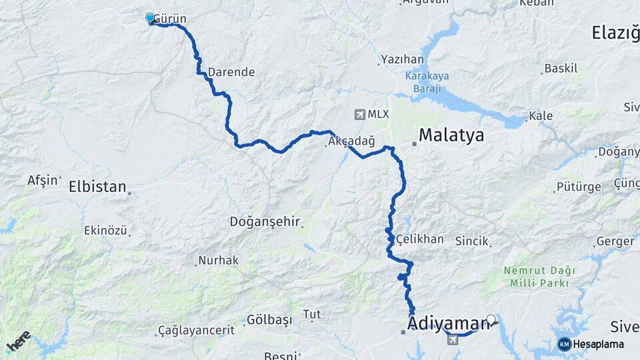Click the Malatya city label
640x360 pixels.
[x=451, y=137]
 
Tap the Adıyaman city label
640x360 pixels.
[x=448, y=324]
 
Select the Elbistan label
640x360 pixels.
[x=97, y=187]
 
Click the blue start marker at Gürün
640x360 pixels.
[x=150, y=18]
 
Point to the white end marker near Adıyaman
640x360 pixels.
[x=491, y=319]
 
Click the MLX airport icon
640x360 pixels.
[x=361, y=115]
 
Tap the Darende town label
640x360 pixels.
[x=231, y=72]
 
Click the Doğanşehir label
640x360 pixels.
[x=265, y=221]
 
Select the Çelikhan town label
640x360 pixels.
[x=419, y=239]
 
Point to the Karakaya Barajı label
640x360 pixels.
[x=427, y=81]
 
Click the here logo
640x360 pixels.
[x=18, y=341]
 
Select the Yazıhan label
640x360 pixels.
[x=403, y=59]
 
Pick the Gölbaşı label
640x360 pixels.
[x=269, y=320]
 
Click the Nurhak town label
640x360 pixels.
[x=218, y=261]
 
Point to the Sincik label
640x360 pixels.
[x=472, y=241]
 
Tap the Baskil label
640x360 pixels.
[x=561, y=68]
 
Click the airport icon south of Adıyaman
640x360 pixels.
[x=453, y=340]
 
